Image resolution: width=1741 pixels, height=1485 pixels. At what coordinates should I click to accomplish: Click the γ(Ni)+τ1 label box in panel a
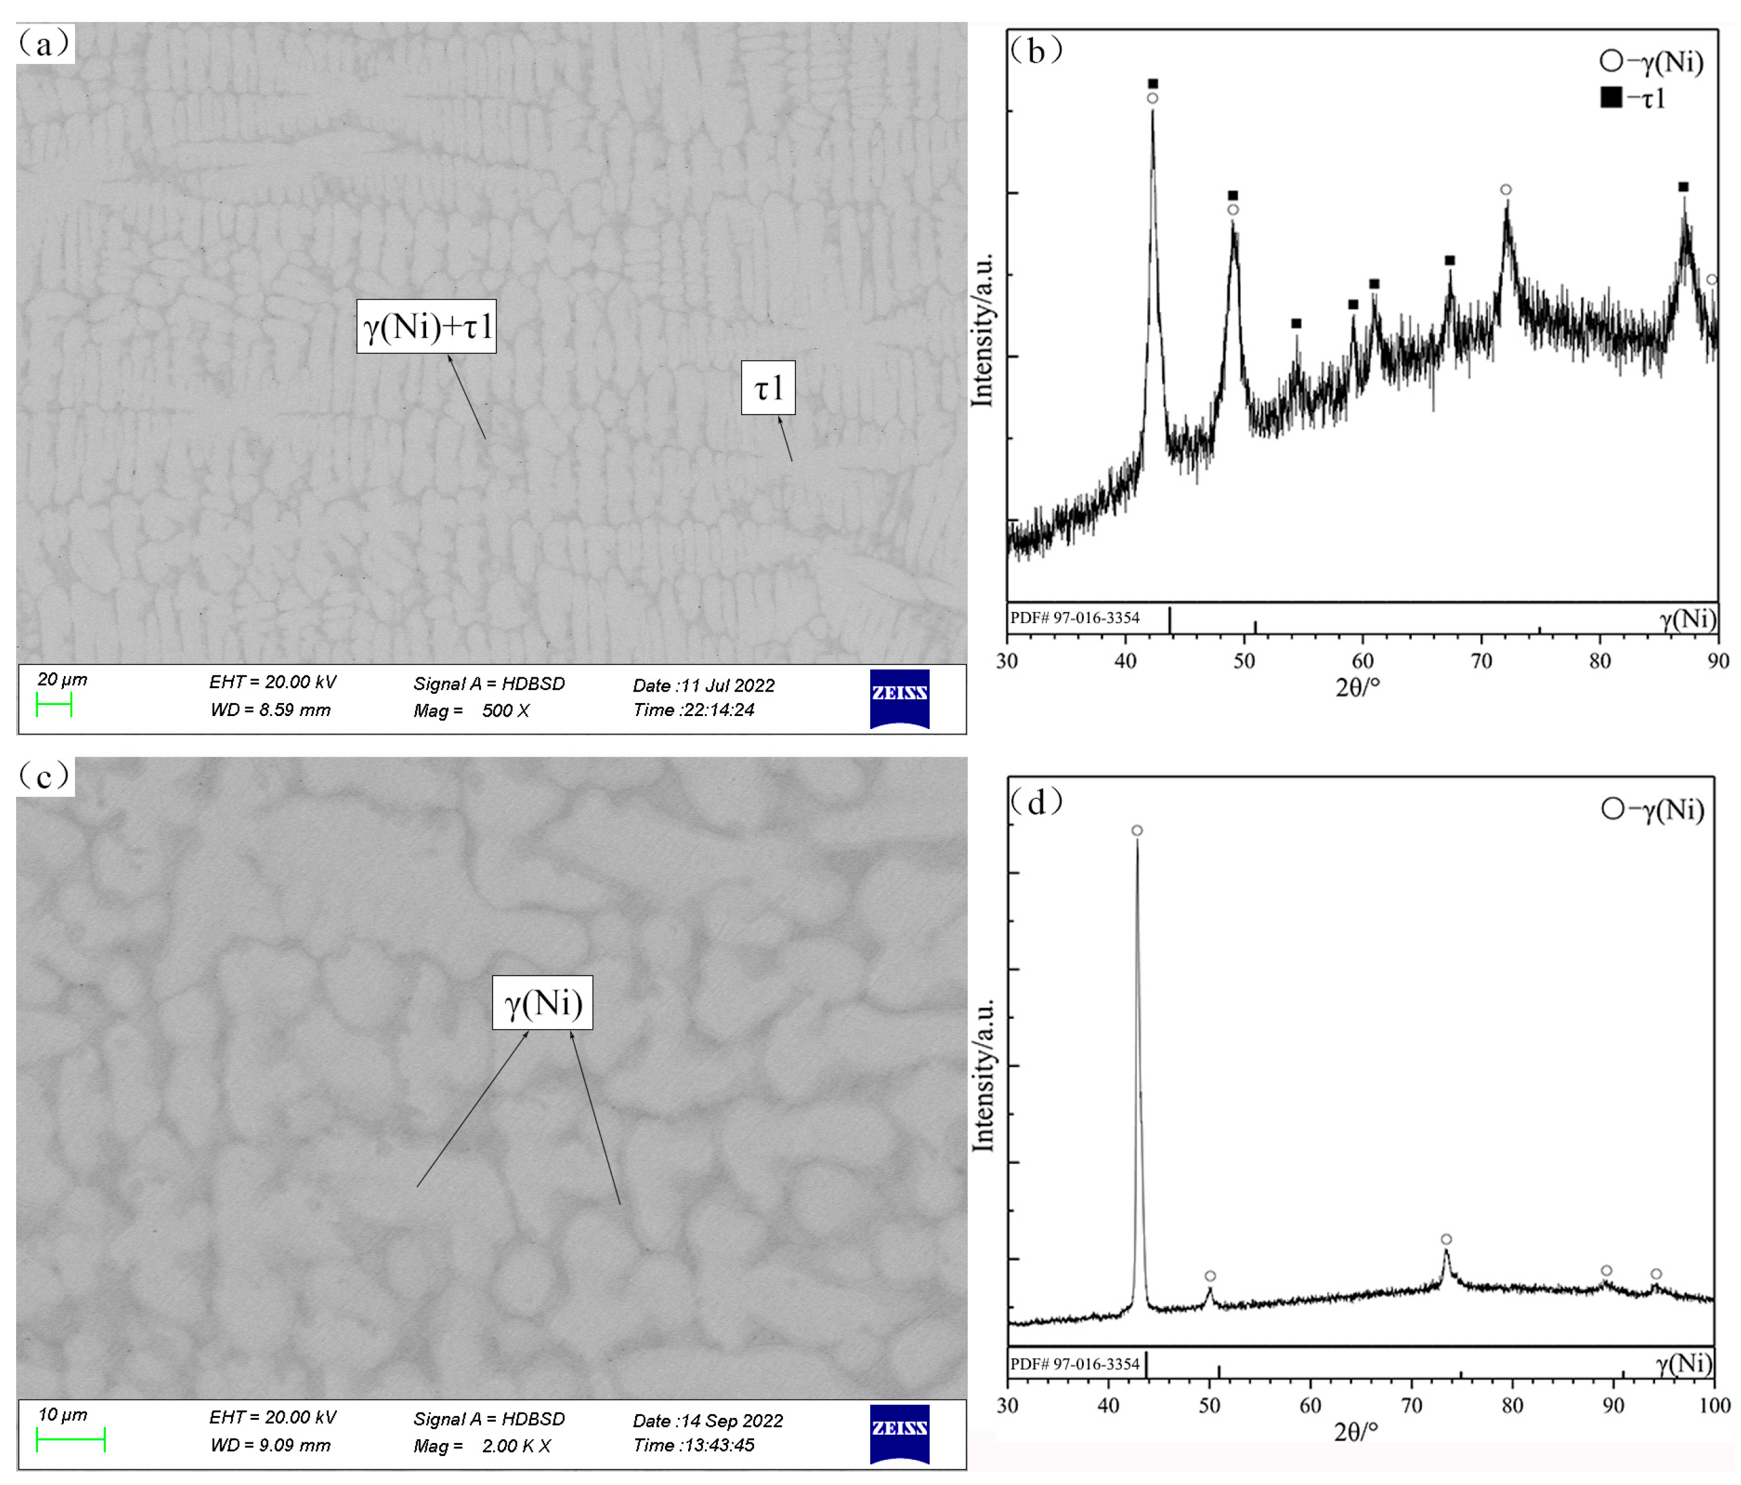tap(426, 326)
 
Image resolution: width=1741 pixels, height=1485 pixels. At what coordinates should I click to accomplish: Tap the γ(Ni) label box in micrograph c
tap(542, 1003)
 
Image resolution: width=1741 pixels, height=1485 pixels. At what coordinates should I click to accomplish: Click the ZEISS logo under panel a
tap(899, 699)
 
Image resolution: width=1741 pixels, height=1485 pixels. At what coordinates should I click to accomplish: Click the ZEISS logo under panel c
tap(899, 1434)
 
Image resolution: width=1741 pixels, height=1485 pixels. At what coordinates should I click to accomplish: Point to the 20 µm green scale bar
tap(54, 705)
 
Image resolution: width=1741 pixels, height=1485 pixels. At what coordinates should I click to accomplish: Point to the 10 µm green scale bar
tap(70, 1440)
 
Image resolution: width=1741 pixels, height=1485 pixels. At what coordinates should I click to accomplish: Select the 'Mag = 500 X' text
tap(471, 711)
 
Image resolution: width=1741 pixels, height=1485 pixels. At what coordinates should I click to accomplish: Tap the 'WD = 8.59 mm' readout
tap(270, 710)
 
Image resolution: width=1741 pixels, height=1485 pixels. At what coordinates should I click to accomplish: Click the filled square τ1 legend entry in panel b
tap(1632, 98)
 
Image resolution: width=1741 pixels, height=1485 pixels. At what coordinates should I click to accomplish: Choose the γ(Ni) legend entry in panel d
tap(1652, 809)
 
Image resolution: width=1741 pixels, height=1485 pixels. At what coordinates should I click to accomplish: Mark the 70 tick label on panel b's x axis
tap(1481, 661)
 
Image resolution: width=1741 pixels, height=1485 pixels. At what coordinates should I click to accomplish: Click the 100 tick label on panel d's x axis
tap(1714, 1405)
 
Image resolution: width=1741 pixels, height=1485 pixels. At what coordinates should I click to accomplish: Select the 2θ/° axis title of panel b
tap(1358, 688)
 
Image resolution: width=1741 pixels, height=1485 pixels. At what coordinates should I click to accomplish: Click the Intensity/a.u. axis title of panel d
tap(983, 1075)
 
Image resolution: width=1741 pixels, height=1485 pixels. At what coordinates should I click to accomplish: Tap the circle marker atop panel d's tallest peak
tap(1137, 830)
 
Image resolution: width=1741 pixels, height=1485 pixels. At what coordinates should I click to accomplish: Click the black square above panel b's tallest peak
tap(1153, 84)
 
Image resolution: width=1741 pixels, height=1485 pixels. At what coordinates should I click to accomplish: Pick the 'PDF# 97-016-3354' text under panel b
tap(1075, 618)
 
